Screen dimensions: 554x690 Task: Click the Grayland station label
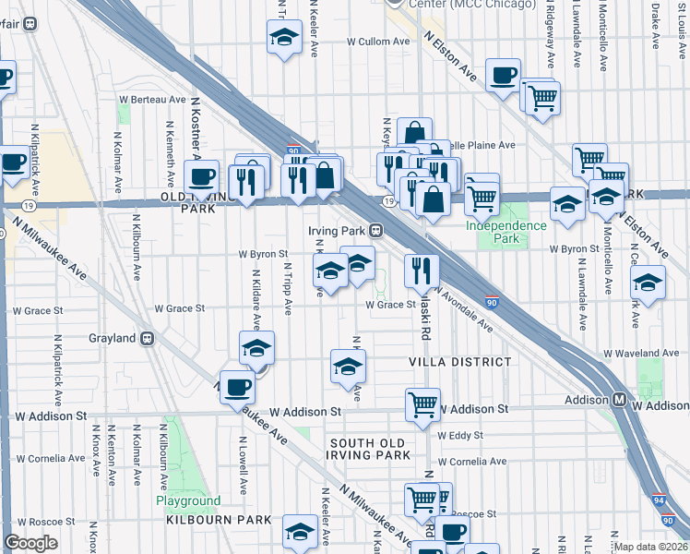click(113, 338)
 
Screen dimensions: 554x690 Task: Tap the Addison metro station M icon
click(621, 400)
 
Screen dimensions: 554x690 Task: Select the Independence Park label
click(506, 232)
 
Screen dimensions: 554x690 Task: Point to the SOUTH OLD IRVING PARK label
click(370, 450)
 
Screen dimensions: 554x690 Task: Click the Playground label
click(187, 501)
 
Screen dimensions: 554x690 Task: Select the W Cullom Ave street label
click(377, 42)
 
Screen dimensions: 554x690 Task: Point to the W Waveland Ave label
click(641, 354)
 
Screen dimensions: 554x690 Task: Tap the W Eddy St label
click(460, 435)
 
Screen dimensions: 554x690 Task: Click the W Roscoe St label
click(474, 513)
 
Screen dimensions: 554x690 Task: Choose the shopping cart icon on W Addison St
click(422, 403)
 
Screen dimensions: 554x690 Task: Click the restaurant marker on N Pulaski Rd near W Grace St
click(422, 270)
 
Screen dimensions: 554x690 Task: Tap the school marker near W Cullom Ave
click(284, 38)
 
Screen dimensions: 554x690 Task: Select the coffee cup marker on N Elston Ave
click(503, 76)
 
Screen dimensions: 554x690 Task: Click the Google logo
click(31, 543)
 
